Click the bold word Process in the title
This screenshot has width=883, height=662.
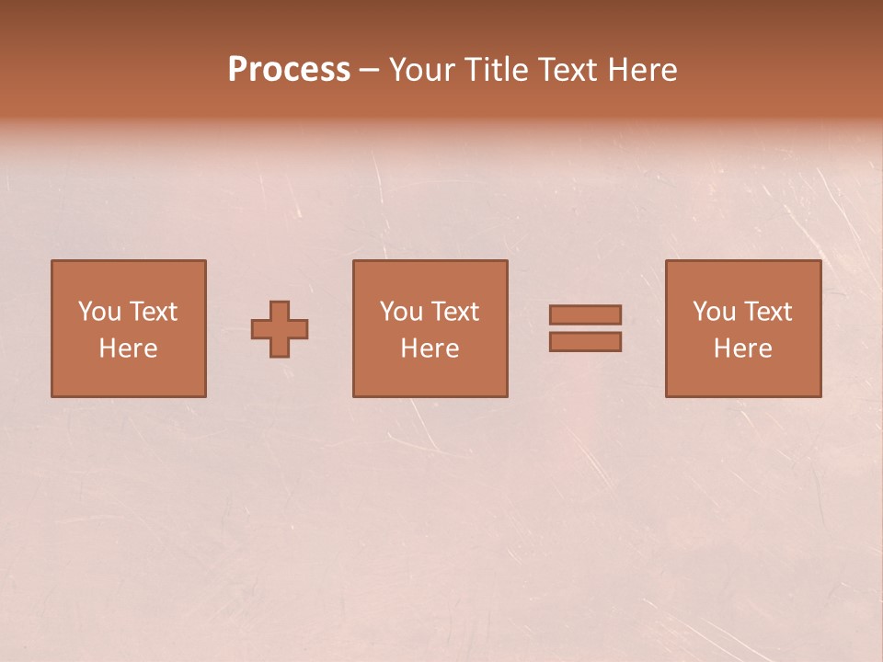pos(289,70)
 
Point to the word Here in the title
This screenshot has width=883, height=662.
pos(644,70)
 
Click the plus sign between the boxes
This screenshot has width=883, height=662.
pos(280,329)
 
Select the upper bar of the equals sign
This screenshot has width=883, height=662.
pos(585,314)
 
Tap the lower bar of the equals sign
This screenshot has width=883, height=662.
pos(585,342)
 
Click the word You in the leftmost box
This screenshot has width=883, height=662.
pos(99,312)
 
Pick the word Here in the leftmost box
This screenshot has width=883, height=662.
pos(128,348)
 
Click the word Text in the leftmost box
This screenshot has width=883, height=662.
pos(154,312)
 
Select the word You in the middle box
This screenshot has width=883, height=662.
pos(401,312)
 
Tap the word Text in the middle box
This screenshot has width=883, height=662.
pos(455,312)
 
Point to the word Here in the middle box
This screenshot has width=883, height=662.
pos(430,348)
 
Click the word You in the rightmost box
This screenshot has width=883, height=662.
pos(714,312)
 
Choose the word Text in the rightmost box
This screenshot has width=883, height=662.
pos(768,312)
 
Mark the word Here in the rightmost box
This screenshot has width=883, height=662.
pos(742,348)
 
